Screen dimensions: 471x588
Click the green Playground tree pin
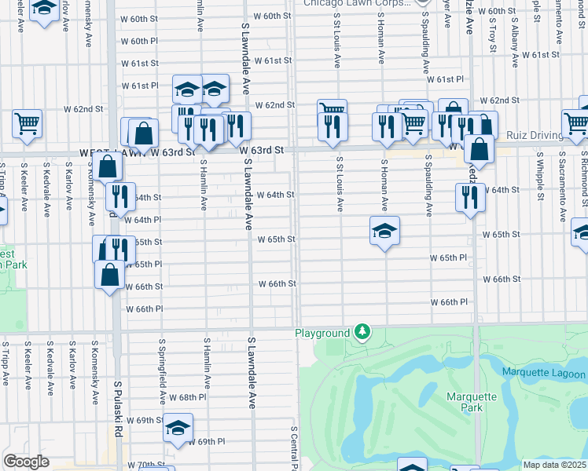(x=362, y=333)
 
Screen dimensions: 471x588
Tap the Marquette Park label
(x=472, y=402)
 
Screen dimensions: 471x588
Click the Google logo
(x=26, y=462)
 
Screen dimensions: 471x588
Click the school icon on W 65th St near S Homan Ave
(x=384, y=231)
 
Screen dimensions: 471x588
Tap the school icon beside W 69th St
(x=178, y=428)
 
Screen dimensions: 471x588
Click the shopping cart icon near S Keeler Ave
(x=27, y=123)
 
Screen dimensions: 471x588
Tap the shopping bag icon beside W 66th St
(x=110, y=275)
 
